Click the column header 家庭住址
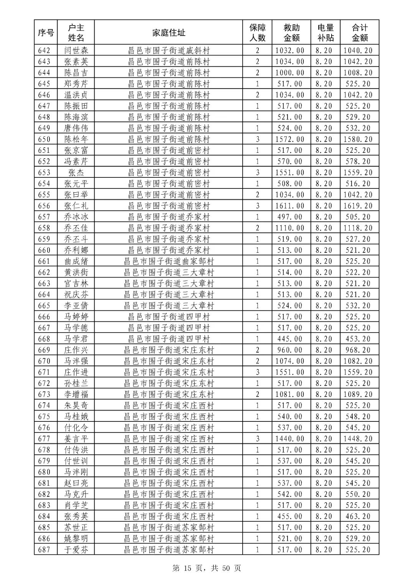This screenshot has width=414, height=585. coord(169,33)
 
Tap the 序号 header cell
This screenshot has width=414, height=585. coord(46,33)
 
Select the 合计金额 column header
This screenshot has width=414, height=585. coord(360,33)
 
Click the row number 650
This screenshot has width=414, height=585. coord(44,139)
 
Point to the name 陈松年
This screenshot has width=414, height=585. coord(76,139)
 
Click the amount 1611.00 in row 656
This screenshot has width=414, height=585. coord(290,206)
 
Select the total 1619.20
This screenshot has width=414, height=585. coord(358,206)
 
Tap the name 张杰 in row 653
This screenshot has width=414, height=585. coord(76,172)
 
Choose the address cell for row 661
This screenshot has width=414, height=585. coord(169,261)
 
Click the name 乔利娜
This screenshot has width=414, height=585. coord(76,250)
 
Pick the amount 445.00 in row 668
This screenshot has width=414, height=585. coord(290,339)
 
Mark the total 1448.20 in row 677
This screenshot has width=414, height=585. coord(358,439)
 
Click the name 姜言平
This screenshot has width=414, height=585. coord(76,439)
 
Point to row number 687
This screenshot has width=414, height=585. coord(44,550)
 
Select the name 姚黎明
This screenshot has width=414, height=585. coord(76,539)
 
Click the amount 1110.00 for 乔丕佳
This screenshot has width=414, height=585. coord(290,228)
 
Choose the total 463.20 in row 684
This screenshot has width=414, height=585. coord(358,516)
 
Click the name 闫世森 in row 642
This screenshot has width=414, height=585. coord(76,50)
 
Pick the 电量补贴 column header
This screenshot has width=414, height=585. coord(325,33)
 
